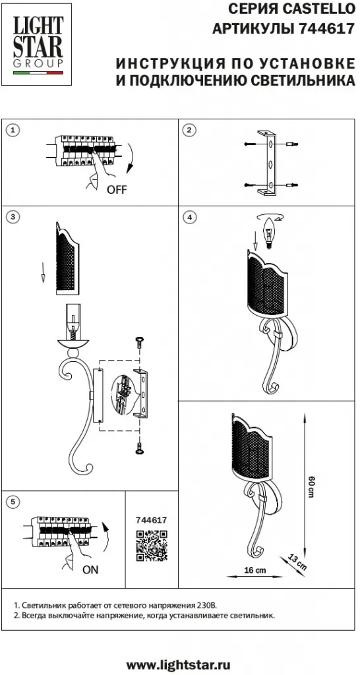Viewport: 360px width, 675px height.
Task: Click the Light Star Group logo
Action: click(x=38, y=45)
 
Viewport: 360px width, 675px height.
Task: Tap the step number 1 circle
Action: click(x=15, y=130)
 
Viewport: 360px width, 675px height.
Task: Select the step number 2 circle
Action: click(x=189, y=130)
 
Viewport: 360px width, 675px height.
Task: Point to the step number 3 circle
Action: click(x=15, y=217)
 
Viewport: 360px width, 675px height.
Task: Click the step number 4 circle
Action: click(x=189, y=217)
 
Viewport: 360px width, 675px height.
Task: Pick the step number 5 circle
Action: click(x=15, y=501)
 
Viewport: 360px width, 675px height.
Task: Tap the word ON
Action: click(x=90, y=570)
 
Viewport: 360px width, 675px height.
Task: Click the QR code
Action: click(x=152, y=546)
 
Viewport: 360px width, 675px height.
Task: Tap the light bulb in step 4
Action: click(x=269, y=233)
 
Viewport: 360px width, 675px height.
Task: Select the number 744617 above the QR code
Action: click(x=151, y=520)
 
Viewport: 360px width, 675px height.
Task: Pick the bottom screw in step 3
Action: click(x=139, y=448)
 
